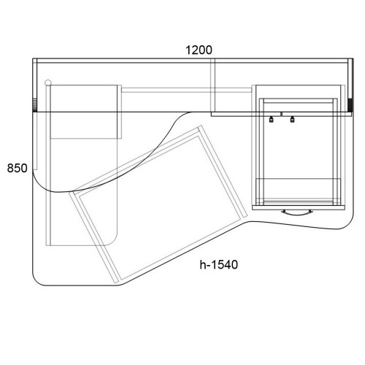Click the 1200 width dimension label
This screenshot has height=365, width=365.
point(199,50)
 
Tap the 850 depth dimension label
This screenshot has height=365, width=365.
point(17,168)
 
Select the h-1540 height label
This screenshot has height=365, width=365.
point(219,265)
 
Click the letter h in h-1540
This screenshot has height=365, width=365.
point(202,265)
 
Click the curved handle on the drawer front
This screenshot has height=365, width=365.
point(296,213)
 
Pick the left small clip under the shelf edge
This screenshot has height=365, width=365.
point(271,119)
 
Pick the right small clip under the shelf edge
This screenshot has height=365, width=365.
point(292,119)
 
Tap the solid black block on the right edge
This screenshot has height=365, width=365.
point(350,105)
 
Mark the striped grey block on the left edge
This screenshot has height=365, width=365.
point(35,105)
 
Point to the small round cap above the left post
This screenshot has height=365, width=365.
point(48,82)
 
